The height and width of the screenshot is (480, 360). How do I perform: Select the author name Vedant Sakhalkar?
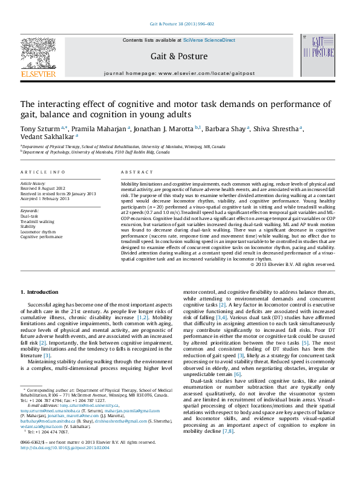click(44, 137)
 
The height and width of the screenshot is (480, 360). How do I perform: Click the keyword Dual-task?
click(29, 215)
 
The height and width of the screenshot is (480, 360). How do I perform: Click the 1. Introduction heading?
click(39, 292)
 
